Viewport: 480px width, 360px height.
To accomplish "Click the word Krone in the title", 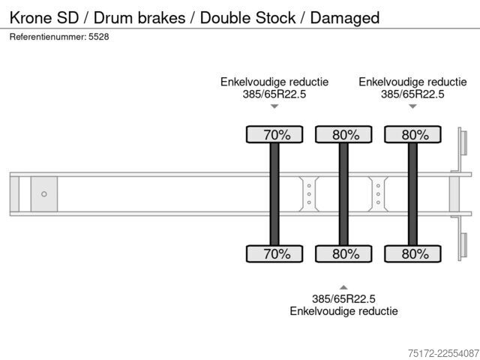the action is click(x=31, y=18).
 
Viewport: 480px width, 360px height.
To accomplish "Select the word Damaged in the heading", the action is click(x=345, y=18).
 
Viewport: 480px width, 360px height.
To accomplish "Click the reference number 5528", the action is click(x=98, y=37).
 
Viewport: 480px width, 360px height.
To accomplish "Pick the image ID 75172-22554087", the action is click(x=443, y=353).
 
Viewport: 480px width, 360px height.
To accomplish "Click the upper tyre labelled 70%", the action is click(x=274, y=134).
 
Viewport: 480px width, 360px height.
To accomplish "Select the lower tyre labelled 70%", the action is click(x=274, y=253).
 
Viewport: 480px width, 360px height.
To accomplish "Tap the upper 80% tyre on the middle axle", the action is click(x=343, y=134).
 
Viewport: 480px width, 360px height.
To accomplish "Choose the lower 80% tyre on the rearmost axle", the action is click(x=412, y=253).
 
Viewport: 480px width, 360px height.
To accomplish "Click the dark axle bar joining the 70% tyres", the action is click(x=274, y=194).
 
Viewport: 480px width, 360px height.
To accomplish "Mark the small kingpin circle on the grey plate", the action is click(x=44, y=194).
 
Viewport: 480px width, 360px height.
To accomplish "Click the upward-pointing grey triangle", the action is click(x=343, y=287).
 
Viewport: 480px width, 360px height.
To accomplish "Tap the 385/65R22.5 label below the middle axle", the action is click(x=343, y=298).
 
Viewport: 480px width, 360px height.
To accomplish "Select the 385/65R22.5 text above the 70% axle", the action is click(x=274, y=94).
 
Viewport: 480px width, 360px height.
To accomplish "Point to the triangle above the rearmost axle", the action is click(x=412, y=106).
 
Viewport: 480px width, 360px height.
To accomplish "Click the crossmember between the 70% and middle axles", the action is click(x=309, y=194).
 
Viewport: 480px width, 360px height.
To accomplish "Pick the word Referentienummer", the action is click(x=48, y=37).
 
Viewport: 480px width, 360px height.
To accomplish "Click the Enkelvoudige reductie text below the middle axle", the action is click(x=343, y=311).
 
